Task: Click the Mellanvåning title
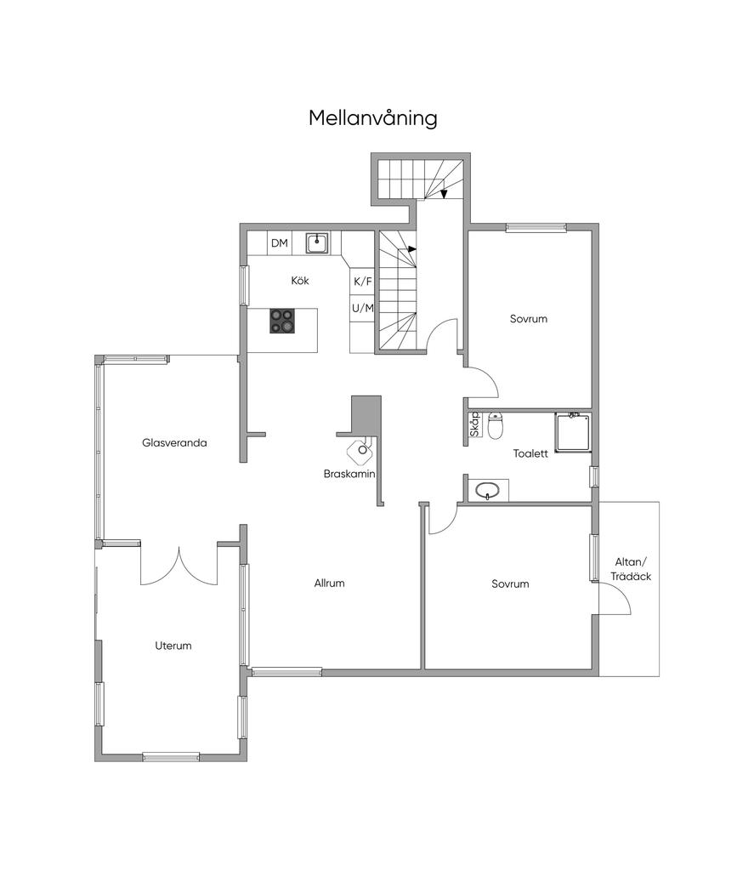pyautogui.click(x=372, y=118)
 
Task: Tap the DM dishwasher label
pyautogui.click(x=280, y=242)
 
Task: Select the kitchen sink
pyautogui.click(x=317, y=242)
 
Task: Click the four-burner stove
pyautogui.click(x=282, y=321)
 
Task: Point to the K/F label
pyautogui.click(x=363, y=282)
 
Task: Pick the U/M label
pyautogui.click(x=363, y=308)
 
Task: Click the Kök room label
pyautogui.click(x=300, y=281)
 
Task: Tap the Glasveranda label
pyautogui.click(x=174, y=442)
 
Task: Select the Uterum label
pyautogui.click(x=173, y=646)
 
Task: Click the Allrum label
pyautogui.click(x=329, y=583)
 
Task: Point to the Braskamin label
pyautogui.click(x=349, y=474)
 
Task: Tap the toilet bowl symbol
pyautogui.click(x=496, y=425)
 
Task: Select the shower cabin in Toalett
pyautogui.click(x=573, y=431)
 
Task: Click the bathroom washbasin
pyautogui.click(x=487, y=491)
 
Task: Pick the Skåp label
pyautogui.click(x=474, y=424)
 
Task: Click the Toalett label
pyautogui.click(x=530, y=453)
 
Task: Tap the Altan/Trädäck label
pyautogui.click(x=631, y=569)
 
